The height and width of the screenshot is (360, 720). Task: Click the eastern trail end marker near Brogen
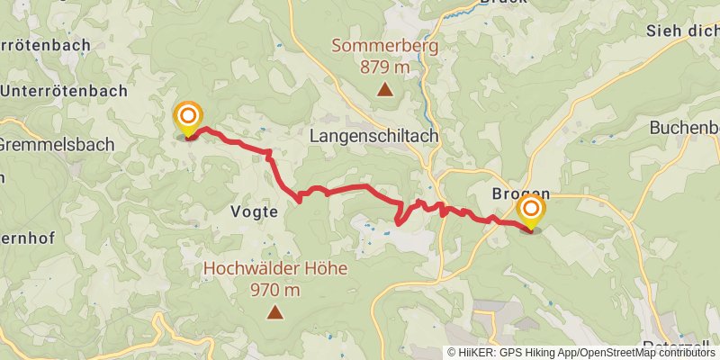tap(530, 211)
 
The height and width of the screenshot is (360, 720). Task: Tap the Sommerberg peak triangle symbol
tap(385, 88)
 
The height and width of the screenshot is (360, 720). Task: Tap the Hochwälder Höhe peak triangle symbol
tap(274, 312)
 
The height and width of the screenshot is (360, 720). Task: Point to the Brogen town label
tap(520, 193)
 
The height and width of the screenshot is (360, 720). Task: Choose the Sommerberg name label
tap(384, 44)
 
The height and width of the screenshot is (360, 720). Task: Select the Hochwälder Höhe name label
tap(274, 268)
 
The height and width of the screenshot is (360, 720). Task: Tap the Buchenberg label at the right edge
tap(684, 128)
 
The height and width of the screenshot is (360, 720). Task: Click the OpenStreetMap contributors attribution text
tap(648, 353)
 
